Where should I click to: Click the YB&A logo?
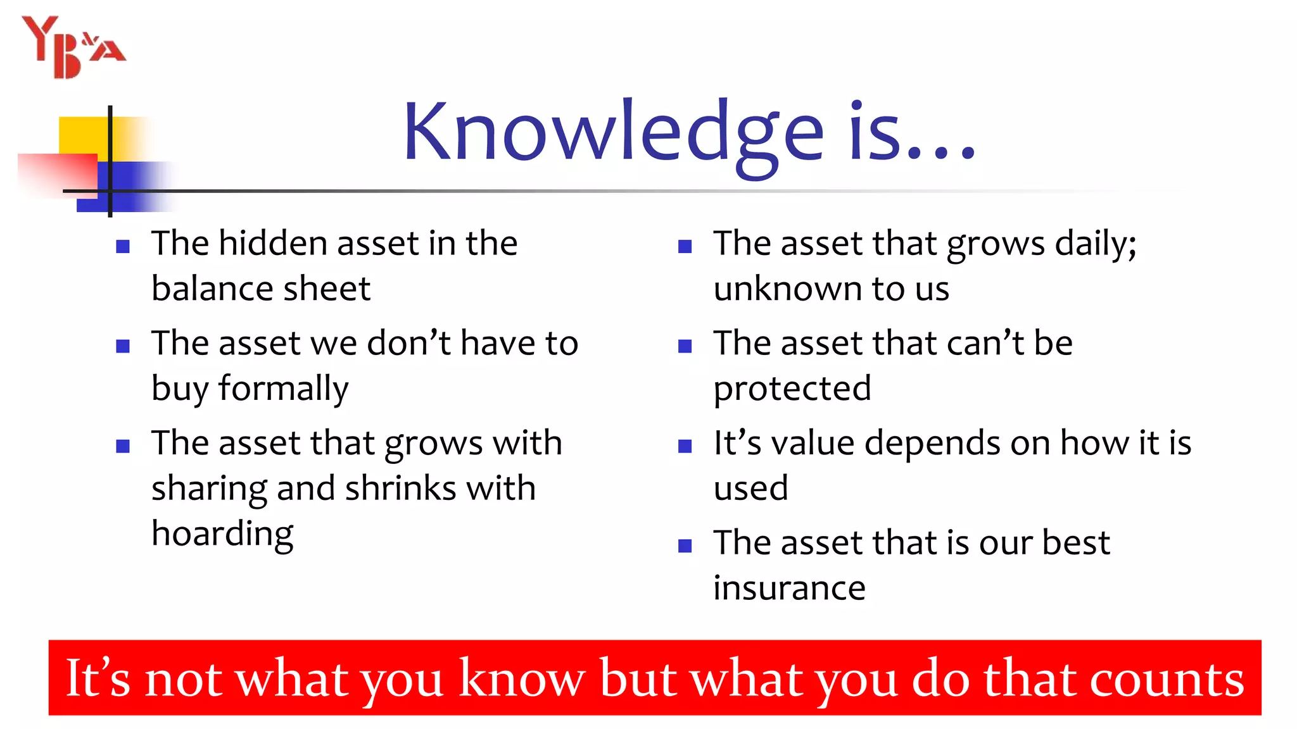[73, 47]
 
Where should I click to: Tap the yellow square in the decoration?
[82, 135]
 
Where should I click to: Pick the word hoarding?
[222, 534]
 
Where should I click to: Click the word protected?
[792, 389]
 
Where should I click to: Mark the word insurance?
[789, 589]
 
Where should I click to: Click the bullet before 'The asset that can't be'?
[685, 346]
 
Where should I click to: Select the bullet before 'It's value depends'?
[685, 446]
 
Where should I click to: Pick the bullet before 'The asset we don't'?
[123, 346]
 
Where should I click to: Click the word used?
[750, 489]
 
